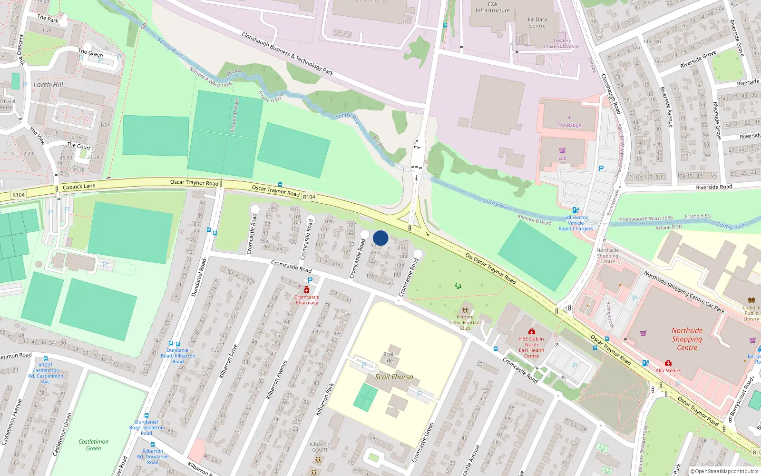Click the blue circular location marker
coord(380,238)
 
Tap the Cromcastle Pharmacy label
coord(307,299)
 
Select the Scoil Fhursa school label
coord(394,377)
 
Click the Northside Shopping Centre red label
coord(687,339)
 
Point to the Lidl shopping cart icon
coord(562,151)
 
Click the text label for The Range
coord(569,125)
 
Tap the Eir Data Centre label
coord(537,22)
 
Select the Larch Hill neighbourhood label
coord(48,84)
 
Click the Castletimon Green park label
coord(93,445)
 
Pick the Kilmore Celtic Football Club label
coord(465,322)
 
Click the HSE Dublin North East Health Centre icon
coord(531,331)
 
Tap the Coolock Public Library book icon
coord(751,300)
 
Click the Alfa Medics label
coord(668,370)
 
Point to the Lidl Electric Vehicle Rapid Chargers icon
coord(576,210)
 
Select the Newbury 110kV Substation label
coord(562,43)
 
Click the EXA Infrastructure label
coord(492,7)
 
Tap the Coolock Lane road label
coord(79,187)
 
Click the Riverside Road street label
coord(714,187)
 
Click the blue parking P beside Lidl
coord(601,169)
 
